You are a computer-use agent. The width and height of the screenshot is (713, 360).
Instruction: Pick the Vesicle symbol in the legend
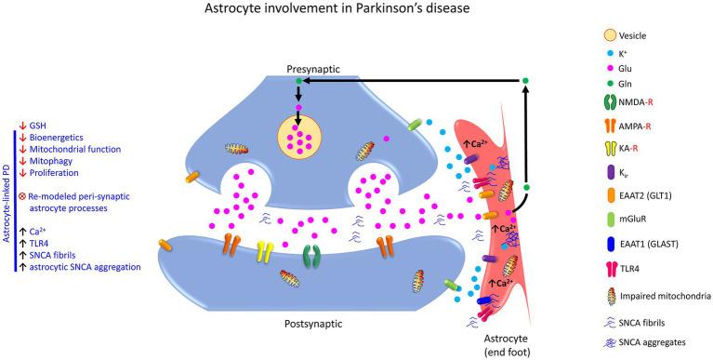(607, 36)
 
